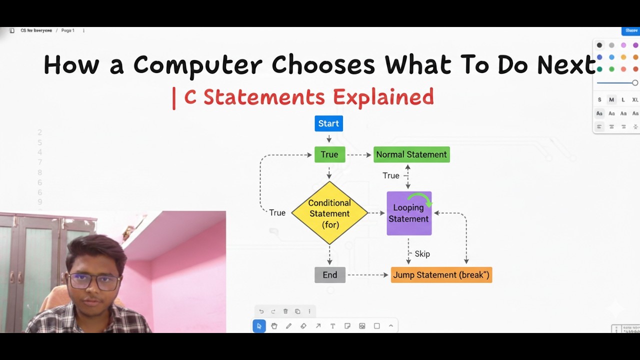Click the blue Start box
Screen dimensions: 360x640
(328, 123)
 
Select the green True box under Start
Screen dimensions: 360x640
(329, 154)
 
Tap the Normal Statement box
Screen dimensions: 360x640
(411, 154)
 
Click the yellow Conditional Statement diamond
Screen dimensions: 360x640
(329, 213)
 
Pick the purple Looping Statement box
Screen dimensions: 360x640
(409, 218)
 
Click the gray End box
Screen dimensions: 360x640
(329, 275)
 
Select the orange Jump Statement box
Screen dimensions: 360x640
(441, 275)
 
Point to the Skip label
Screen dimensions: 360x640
(422, 254)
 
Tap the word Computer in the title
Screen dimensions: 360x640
(197, 65)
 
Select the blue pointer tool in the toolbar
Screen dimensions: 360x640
(259, 326)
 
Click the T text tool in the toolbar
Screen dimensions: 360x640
(332, 326)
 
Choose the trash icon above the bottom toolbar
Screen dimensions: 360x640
(285, 311)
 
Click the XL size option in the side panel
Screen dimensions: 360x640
(635, 100)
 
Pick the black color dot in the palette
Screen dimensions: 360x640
(599, 45)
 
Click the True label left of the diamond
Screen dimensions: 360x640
(277, 213)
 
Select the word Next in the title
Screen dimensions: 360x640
(566, 65)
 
